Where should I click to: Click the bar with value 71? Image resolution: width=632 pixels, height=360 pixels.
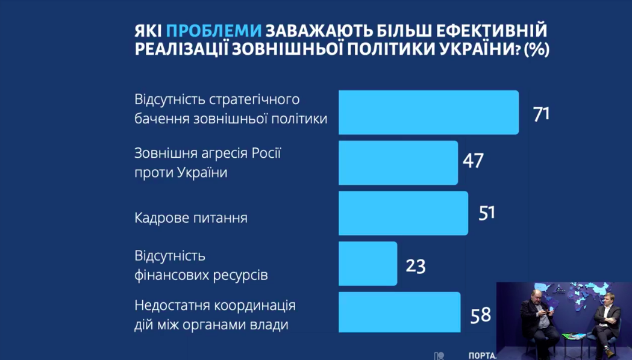(x=428, y=113)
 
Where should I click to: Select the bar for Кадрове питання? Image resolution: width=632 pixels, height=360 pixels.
(x=403, y=213)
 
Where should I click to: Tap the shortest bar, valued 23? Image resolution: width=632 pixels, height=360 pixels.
(x=368, y=264)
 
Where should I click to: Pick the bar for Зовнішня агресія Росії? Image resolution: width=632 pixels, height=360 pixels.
(x=398, y=163)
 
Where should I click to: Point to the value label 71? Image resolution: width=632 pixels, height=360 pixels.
(x=541, y=113)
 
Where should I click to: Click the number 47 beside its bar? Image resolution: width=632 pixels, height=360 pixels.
(x=473, y=161)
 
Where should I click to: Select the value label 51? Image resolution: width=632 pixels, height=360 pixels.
(x=486, y=213)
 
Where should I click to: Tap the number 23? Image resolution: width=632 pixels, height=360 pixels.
(x=415, y=265)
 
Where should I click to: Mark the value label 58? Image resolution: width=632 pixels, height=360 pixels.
(x=480, y=314)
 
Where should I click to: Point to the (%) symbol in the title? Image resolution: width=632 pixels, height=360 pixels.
(x=536, y=49)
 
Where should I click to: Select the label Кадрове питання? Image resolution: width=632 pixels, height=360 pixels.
(x=191, y=217)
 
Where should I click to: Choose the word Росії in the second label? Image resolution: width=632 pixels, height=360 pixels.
(x=265, y=153)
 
